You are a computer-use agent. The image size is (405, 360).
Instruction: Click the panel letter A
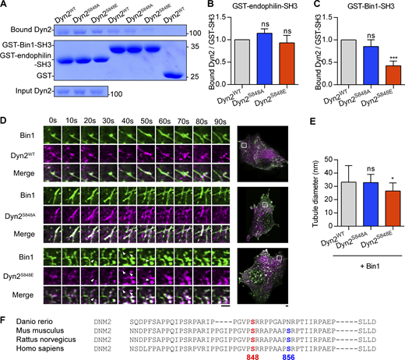pyautogui.click(x=5, y=6)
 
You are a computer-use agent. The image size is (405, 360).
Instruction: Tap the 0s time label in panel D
pyautogui.click(x=52, y=121)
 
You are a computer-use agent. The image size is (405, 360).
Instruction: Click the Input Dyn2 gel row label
pyautogui.click(x=21, y=94)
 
